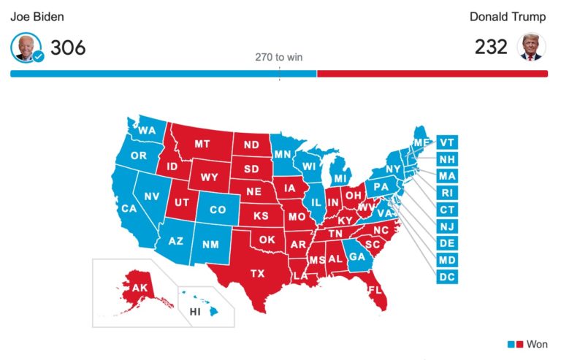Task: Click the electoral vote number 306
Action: point(68,47)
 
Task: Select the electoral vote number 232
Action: point(492,47)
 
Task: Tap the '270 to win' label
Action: point(278,57)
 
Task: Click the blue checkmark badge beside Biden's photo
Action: point(39,56)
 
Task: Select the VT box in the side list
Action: point(447,142)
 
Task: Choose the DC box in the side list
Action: point(447,277)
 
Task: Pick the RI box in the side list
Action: point(447,193)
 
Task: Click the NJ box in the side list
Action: point(447,226)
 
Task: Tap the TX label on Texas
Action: point(258,274)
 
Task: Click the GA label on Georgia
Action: point(357,257)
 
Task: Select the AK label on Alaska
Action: point(139,288)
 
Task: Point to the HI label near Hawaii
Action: point(195,312)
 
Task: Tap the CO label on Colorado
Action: point(218,210)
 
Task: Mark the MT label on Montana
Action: point(202,144)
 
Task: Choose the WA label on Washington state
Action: point(148,131)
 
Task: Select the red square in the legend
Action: point(519,344)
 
